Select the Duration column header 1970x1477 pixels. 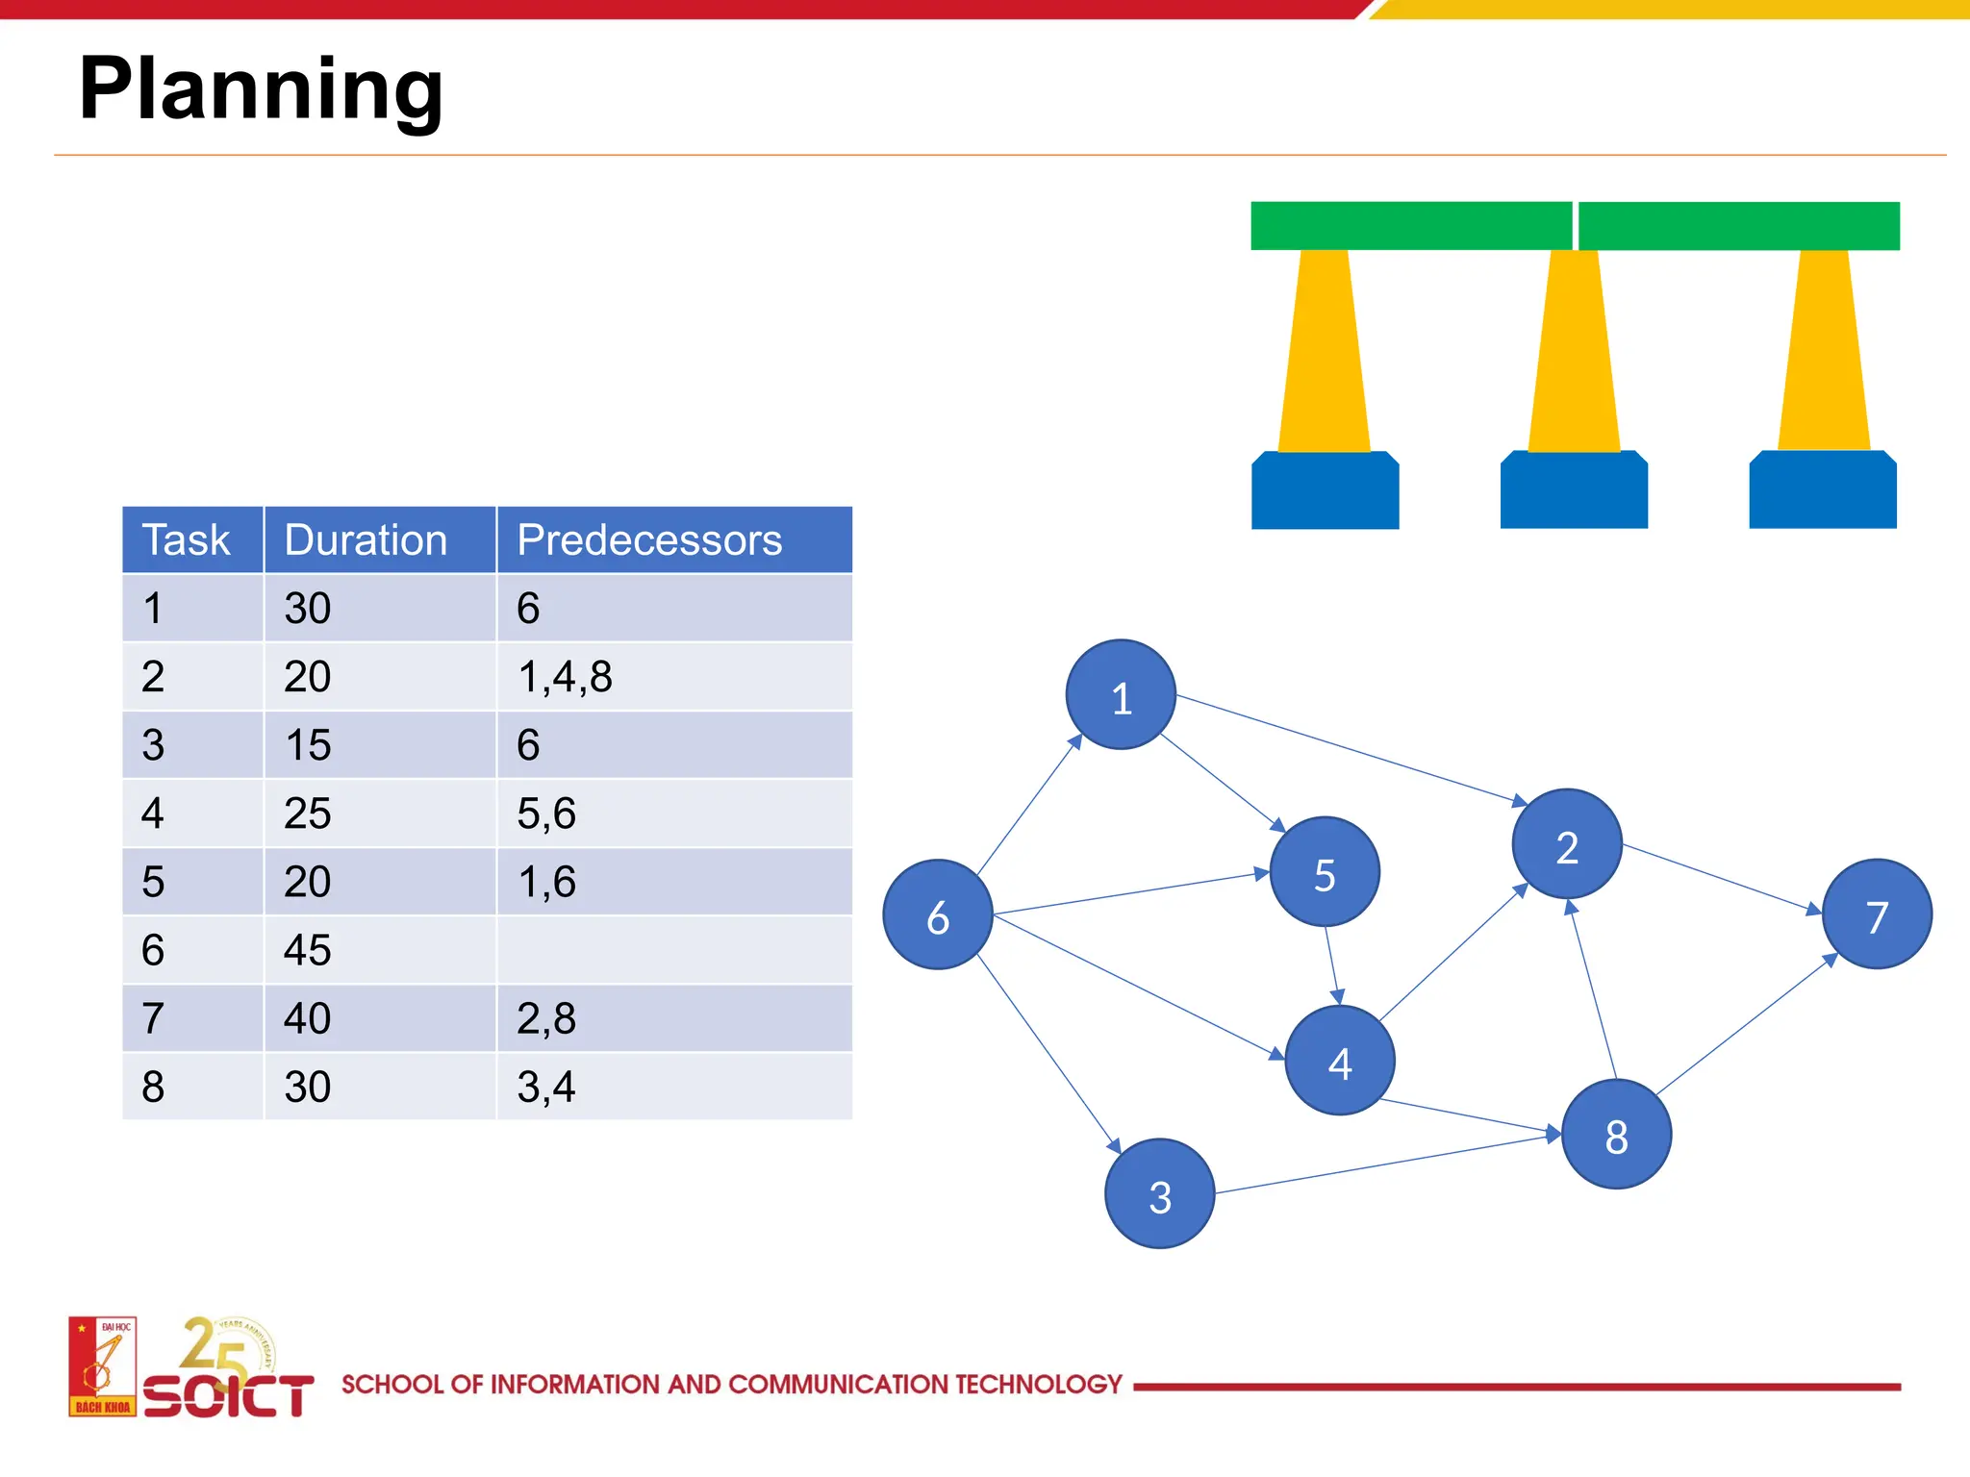(x=366, y=540)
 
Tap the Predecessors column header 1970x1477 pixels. (x=649, y=540)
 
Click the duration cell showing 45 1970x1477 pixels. (x=308, y=950)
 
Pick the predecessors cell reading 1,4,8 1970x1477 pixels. (x=565, y=677)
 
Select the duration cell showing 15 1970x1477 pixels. (x=308, y=745)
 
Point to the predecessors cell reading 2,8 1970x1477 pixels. (x=546, y=1018)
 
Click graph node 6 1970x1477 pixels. (x=938, y=914)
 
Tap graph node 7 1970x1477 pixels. (x=1877, y=914)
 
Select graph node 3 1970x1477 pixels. (x=1160, y=1194)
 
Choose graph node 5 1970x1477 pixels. (x=1325, y=872)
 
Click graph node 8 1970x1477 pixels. (x=1616, y=1135)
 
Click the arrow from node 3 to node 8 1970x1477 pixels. (x=1385, y=1164)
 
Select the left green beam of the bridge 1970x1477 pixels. (x=1410, y=226)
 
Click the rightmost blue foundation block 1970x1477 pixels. (x=1823, y=490)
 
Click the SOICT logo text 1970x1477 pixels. (x=229, y=1395)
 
